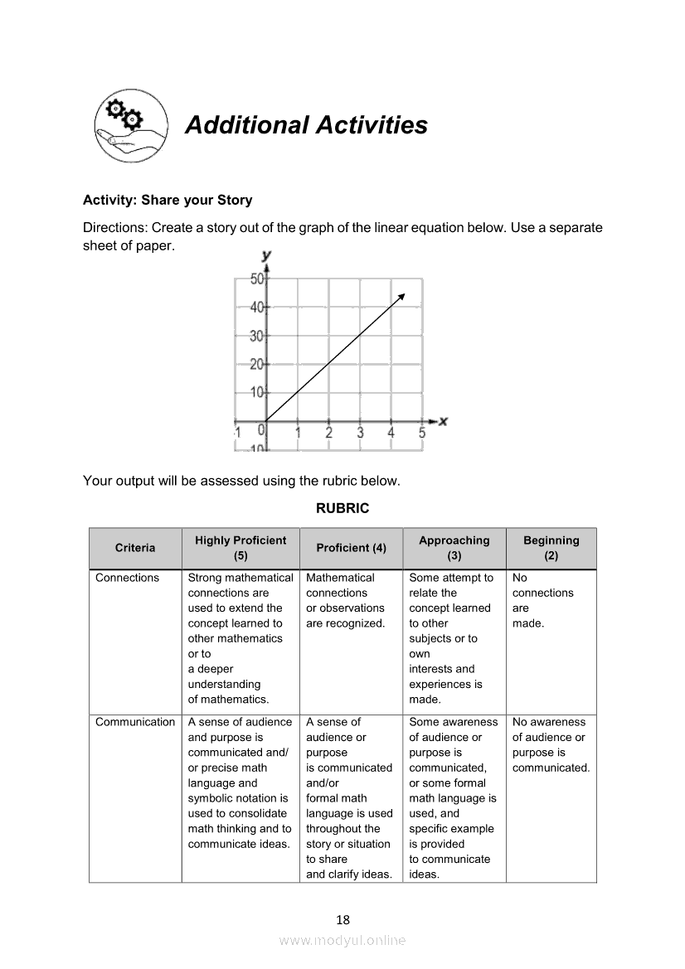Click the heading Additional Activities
coord(306,125)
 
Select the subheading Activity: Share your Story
coord(168,200)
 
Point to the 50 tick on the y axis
coord(257,279)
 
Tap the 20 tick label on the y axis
coord(257,364)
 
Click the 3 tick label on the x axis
coord(360,432)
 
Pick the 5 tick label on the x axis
coord(422,432)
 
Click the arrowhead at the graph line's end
coord(402,296)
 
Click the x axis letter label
coord(443,421)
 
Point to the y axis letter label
coord(266,255)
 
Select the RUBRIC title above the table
coord(342,508)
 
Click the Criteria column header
coord(135,548)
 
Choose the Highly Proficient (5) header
coord(240,548)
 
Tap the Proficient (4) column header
coord(351,548)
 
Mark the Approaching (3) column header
coord(454,548)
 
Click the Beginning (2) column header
coord(551,548)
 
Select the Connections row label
coord(127,578)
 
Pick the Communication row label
coord(135,722)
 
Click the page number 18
coord(342,919)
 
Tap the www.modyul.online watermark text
coord(342,940)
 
